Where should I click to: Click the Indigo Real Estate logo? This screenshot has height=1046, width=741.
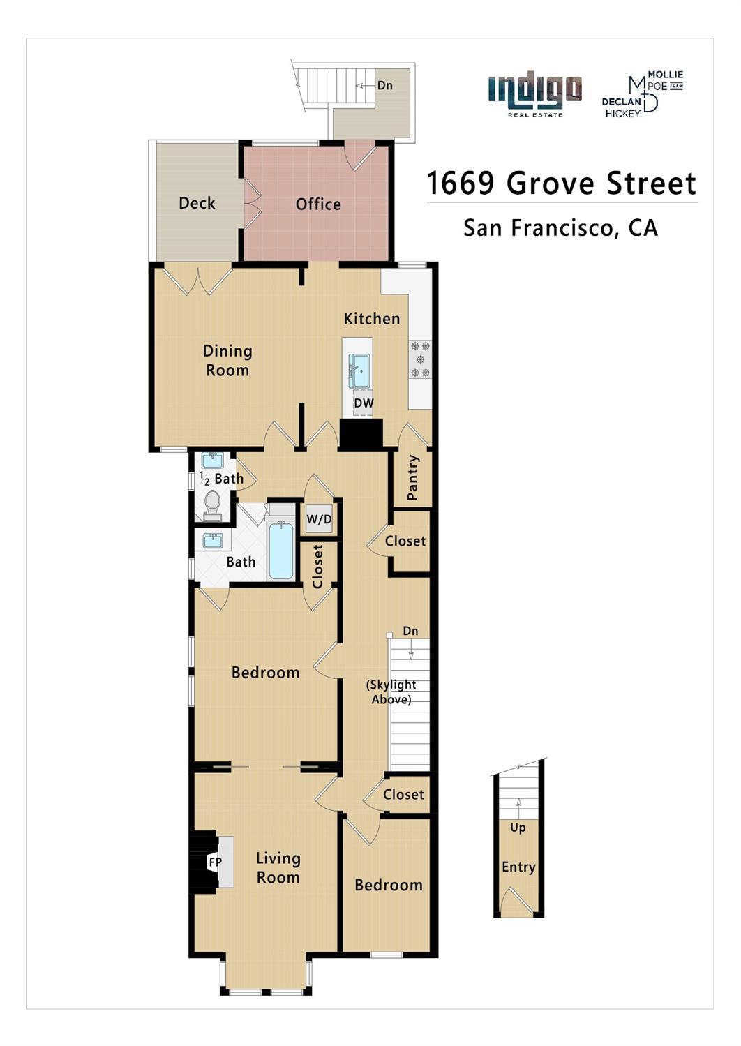coord(534,94)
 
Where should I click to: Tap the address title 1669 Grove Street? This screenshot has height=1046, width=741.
coord(561,184)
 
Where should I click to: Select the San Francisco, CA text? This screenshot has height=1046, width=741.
coord(560,228)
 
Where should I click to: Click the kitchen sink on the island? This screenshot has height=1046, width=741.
coord(359,370)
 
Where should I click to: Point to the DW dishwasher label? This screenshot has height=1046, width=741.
coord(363,403)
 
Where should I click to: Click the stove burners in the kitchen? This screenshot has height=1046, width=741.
coord(420,359)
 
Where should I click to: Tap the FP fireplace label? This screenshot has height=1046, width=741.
coord(216,862)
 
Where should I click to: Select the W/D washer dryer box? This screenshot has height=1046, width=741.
coord(319,520)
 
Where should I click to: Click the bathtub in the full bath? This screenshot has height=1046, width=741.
coord(280,551)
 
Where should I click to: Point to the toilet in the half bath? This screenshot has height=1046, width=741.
coord(212,504)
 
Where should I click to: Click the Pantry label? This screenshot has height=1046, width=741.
coord(412,478)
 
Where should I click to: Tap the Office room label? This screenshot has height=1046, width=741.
coord(318,204)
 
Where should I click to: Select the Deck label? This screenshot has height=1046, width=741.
coord(197,203)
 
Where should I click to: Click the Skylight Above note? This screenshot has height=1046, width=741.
coord(391,692)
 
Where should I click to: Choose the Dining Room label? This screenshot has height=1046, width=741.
coord(227,361)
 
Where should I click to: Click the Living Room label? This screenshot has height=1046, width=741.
coord(278,868)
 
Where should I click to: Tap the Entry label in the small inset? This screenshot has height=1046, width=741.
coord(518,867)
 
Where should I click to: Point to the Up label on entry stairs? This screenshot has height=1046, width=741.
coord(518,828)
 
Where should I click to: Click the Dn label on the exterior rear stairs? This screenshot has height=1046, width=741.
coord(384,85)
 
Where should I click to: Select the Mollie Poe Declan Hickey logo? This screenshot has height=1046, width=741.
coord(642,94)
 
